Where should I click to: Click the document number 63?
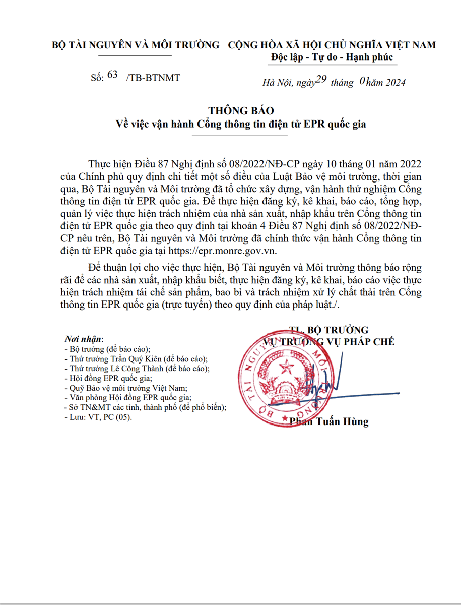coord(112,75)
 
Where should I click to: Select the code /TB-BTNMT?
coord(153,77)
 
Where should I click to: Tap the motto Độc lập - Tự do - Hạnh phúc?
coord(332,57)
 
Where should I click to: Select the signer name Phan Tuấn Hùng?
coord(333,421)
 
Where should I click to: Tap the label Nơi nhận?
coord(84,338)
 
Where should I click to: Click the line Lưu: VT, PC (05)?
coord(99,417)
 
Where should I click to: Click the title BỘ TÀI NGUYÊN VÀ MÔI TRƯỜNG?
coord(136,45)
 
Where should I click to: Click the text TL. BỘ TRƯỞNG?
coord(329,330)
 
